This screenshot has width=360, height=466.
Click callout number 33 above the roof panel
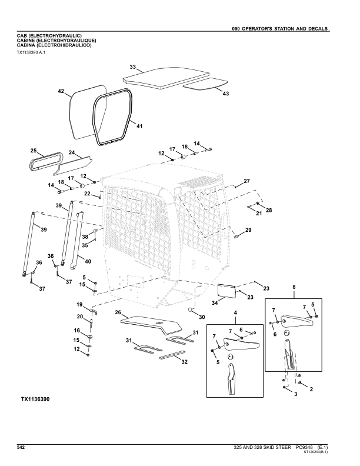tap(132, 67)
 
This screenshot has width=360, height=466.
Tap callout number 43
tap(226, 93)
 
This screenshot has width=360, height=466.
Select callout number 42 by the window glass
tap(61, 91)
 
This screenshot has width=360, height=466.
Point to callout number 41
tap(139, 126)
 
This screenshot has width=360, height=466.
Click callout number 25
tap(34, 151)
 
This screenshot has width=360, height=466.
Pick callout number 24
tap(71, 153)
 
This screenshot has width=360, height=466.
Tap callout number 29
tap(248, 229)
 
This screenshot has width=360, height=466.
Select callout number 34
tap(215, 302)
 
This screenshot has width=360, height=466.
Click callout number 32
tap(184, 361)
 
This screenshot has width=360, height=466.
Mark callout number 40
tap(88, 261)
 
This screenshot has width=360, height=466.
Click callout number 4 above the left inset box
tap(235, 312)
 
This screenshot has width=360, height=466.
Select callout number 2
tap(311, 389)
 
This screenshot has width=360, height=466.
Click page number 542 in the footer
tap(21, 448)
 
